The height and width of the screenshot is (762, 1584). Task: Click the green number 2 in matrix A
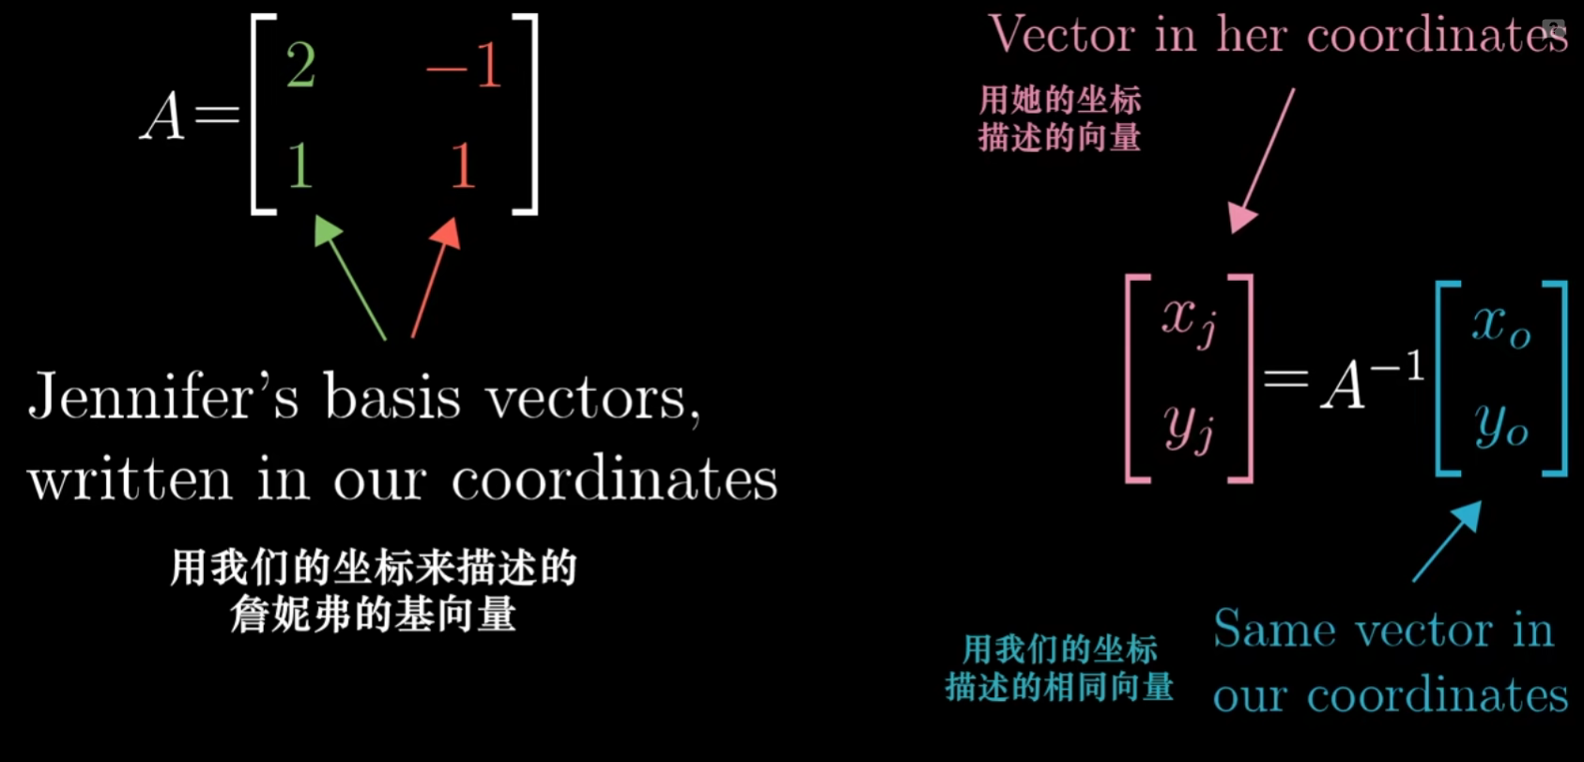coord(300,65)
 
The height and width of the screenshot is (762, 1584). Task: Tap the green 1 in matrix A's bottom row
coord(300,165)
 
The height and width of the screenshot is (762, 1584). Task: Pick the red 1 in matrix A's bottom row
coord(462,165)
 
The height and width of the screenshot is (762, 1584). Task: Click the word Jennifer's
coord(163,397)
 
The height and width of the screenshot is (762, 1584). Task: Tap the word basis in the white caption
coord(392,397)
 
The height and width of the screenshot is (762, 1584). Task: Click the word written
coord(130,479)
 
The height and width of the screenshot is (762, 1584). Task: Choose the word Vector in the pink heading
coord(1062,36)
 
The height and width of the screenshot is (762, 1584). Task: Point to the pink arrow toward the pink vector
coord(1263,160)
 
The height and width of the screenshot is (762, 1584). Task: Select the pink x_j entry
coord(1189,319)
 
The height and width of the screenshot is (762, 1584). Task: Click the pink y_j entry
coord(1189,428)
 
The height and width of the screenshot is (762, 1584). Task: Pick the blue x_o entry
coord(1500,324)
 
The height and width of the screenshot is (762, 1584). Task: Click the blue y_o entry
coord(1500,425)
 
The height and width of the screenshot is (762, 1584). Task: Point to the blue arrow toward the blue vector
coord(1447,540)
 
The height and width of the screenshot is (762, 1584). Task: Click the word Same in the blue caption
coord(1273,630)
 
